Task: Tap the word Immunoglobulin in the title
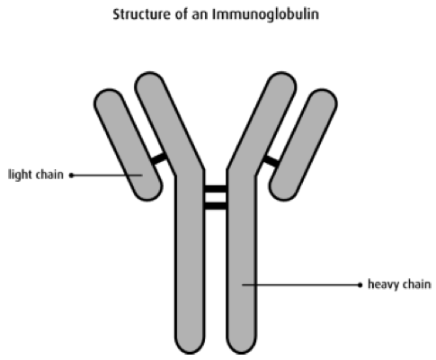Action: (x=265, y=14)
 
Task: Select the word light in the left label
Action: (x=18, y=175)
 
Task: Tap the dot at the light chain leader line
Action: (x=71, y=175)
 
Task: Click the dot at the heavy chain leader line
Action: (x=360, y=285)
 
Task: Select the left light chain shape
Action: (x=129, y=145)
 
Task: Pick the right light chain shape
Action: (x=303, y=145)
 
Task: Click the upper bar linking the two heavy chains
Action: (x=216, y=189)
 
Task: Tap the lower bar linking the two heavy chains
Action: (x=216, y=206)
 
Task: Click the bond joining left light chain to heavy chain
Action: (x=159, y=157)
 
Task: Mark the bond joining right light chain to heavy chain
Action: (x=271, y=161)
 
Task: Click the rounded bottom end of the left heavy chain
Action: (x=190, y=345)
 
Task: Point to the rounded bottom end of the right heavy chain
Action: (x=242, y=345)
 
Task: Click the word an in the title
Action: (x=200, y=15)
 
